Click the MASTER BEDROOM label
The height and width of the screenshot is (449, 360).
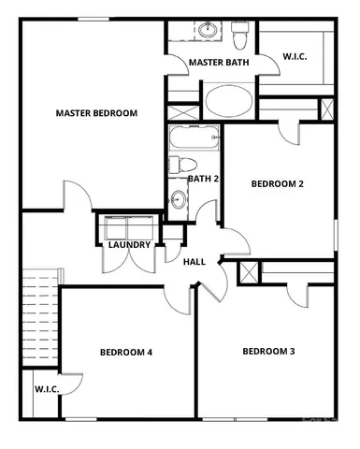coord(96,113)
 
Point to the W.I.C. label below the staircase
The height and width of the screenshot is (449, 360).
coord(47,388)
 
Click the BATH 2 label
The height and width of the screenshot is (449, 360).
coord(203,178)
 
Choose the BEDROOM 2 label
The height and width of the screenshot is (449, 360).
coord(278,183)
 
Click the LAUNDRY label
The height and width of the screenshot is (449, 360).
coord(129,245)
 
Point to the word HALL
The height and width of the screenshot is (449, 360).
coord(194,263)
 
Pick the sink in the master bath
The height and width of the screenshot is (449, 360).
coord(208,32)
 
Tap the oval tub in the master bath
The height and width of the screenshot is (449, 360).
coord(227,99)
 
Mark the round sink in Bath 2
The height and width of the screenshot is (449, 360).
coord(178,198)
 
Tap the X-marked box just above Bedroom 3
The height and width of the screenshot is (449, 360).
coord(250,273)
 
